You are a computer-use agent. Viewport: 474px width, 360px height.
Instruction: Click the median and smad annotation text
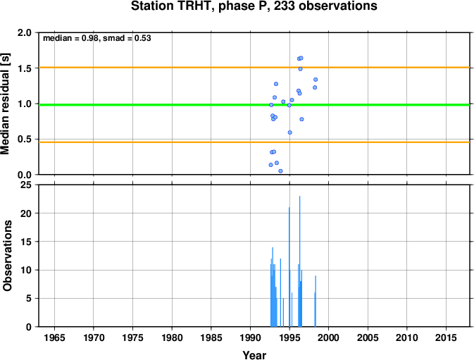tap(97, 38)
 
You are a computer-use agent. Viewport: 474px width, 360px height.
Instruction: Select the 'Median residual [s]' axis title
tap(6, 104)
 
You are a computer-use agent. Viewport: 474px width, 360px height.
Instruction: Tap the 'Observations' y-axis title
tap(7, 256)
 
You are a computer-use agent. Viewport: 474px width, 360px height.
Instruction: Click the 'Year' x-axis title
tap(254, 355)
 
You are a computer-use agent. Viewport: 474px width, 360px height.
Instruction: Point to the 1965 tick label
tap(54, 337)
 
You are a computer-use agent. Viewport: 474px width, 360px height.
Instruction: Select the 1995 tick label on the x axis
tap(289, 337)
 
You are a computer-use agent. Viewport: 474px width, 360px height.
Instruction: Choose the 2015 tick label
tap(447, 337)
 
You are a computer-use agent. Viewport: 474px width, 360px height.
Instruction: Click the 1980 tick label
tap(172, 337)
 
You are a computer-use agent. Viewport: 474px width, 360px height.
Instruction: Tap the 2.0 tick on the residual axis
tap(25, 32)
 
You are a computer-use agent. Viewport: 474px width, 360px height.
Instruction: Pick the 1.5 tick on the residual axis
tap(25, 68)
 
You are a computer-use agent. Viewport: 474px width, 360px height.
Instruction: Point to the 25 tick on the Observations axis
tap(26, 185)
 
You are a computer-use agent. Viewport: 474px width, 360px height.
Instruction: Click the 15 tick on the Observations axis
tap(26, 242)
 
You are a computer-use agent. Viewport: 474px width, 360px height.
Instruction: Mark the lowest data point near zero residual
tap(280, 171)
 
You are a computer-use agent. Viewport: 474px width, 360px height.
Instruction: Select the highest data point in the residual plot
tap(301, 58)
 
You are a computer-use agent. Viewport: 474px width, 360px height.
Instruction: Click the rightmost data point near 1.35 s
tap(316, 80)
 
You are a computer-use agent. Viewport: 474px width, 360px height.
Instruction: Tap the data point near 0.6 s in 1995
tap(290, 132)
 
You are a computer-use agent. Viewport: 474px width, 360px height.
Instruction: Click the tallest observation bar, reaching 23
tap(299, 261)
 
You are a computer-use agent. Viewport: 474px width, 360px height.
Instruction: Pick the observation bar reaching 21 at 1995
tap(289, 267)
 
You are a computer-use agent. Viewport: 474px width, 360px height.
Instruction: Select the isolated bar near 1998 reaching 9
tap(316, 302)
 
